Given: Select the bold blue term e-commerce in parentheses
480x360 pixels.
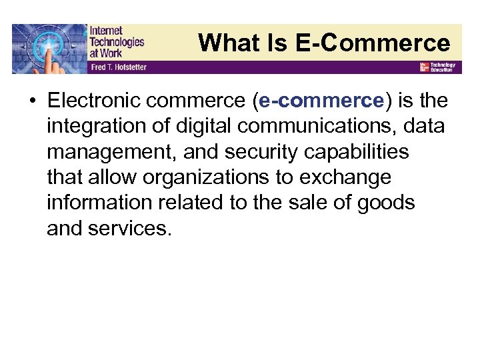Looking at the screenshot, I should pyautogui.click(x=322, y=101).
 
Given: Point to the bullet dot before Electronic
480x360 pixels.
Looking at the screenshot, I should pyautogui.click(x=31, y=101).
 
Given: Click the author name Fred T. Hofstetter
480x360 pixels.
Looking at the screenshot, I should pyautogui.click(x=119, y=68).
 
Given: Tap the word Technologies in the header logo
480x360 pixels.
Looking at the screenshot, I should pyautogui.click(x=117, y=41).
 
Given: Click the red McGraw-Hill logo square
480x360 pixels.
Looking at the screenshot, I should pyautogui.click(x=423, y=67).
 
